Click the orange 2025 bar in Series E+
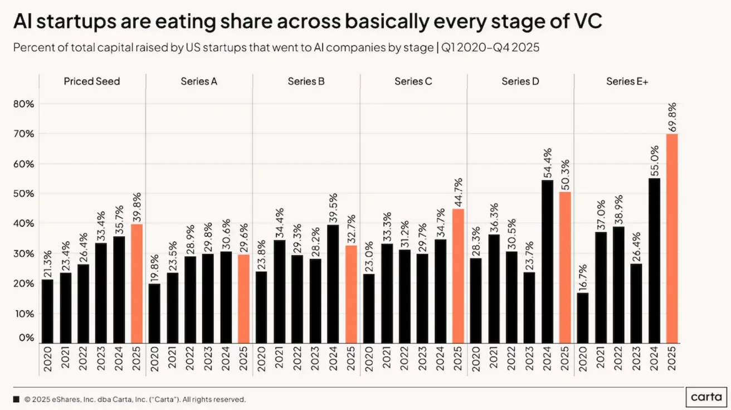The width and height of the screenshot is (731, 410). (672, 238)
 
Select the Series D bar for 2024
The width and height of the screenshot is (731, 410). (547, 262)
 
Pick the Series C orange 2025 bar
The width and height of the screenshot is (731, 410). (458, 276)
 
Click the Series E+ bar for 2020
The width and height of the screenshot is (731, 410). (583, 318)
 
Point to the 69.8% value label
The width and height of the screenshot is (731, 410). (672, 117)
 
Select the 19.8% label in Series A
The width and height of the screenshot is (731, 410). (154, 267)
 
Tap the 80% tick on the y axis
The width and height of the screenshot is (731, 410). (23, 104)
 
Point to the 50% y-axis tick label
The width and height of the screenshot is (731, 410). (23, 193)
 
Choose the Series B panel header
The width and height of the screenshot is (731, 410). (306, 81)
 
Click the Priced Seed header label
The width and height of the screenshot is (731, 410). (92, 81)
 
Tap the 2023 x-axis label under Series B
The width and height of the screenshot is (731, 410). (315, 358)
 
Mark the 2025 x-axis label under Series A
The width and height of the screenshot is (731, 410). (244, 358)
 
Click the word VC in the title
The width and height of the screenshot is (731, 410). (586, 23)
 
